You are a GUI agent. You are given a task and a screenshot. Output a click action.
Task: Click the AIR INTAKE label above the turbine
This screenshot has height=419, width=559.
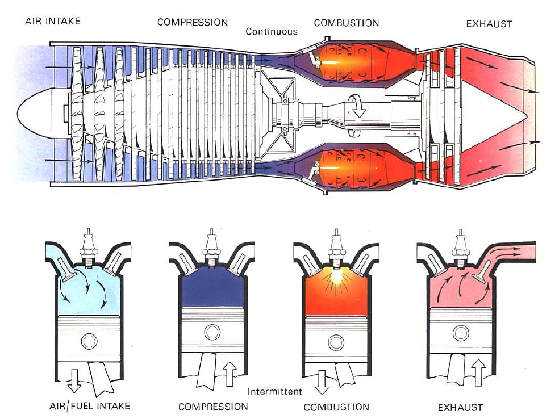(52, 22)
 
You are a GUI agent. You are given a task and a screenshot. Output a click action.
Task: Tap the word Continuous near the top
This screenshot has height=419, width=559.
(272, 32)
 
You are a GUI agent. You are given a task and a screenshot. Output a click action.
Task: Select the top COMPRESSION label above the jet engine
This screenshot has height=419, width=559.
(193, 23)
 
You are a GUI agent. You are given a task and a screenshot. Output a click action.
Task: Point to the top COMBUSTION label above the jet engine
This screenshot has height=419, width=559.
(346, 23)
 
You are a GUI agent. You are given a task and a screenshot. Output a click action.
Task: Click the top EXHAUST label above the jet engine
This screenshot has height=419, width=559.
(489, 24)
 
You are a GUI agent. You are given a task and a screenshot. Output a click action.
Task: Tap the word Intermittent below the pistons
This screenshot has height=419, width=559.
(275, 392)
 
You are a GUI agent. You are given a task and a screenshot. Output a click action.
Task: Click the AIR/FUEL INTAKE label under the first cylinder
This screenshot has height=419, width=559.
(89, 406)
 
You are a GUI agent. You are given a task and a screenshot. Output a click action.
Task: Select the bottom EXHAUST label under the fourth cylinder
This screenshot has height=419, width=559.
(460, 408)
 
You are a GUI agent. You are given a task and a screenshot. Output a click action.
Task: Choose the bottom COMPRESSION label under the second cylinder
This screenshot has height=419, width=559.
(213, 407)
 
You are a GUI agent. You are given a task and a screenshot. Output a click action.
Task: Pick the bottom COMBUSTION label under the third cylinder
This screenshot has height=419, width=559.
(336, 407)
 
